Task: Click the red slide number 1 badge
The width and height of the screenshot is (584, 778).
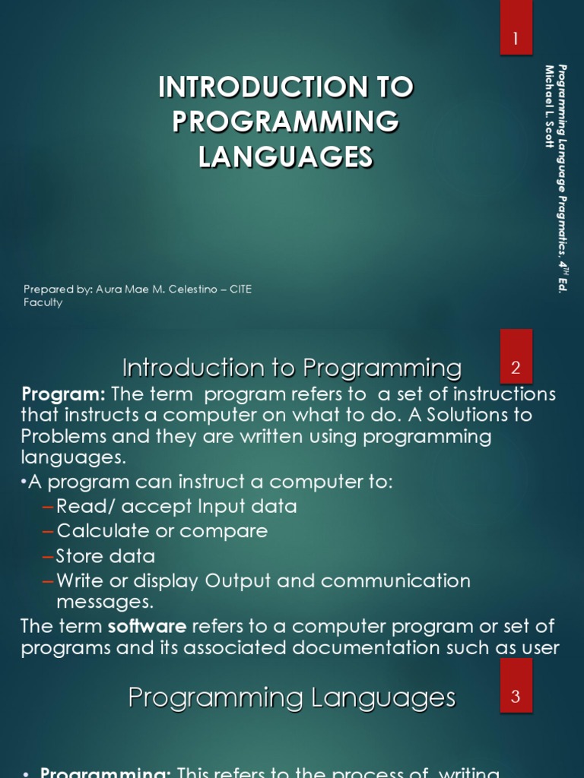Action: tap(516, 39)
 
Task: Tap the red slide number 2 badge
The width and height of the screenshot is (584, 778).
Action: tap(516, 368)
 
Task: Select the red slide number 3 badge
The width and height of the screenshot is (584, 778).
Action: tap(516, 696)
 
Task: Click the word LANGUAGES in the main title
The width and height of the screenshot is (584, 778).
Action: tap(286, 157)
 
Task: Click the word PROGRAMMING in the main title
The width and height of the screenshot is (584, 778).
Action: tap(286, 122)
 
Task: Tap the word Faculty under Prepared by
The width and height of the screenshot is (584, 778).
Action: tap(43, 302)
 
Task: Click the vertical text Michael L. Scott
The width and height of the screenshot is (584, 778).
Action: tap(549, 106)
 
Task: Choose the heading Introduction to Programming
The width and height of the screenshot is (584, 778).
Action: tap(292, 368)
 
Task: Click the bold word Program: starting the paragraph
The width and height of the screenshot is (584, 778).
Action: tap(64, 394)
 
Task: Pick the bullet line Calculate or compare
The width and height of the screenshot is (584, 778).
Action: tap(161, 530)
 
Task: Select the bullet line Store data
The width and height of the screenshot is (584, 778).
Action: tap(106, 555)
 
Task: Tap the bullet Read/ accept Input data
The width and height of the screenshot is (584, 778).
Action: tap(176, 506)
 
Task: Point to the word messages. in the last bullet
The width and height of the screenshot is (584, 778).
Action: tap(105, 602)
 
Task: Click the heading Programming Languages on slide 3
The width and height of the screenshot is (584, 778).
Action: tap(292, 697)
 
